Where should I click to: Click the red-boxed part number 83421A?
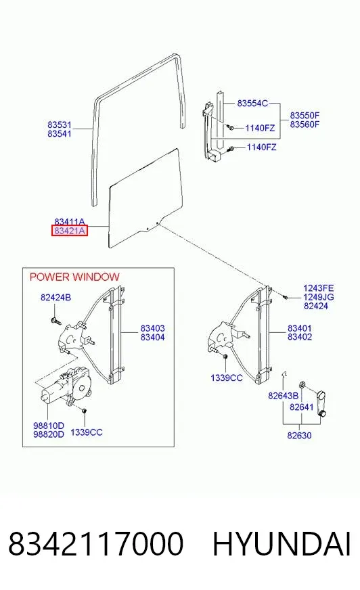(x=70, y=231)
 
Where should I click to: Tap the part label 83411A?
(x=70, y=222)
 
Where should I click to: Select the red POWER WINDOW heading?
(x=74, y=277)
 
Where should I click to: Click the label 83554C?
(x=252, y=103)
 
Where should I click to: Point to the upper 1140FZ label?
(x=260, y=129)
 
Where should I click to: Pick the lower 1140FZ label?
(x=261, y=147)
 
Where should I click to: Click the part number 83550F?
(x=305, y=115)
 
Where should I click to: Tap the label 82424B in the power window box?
(x=55, y=298)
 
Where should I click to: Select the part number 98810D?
(x=49, y=426)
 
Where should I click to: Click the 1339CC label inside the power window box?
(x=87, y=432)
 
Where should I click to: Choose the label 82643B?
(x=284, y=396)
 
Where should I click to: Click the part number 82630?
(x=299, y=435)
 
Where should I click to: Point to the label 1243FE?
(x=319, y=288)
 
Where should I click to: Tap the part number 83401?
(x=300, y=328)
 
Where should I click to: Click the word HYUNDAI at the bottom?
(x=282, y=544)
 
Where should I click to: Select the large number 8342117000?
(x=96, y=544)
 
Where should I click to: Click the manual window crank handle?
(x=321, y=404)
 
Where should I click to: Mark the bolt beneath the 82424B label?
(x=55, y=321)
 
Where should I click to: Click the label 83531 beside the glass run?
(x=60, y=124)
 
